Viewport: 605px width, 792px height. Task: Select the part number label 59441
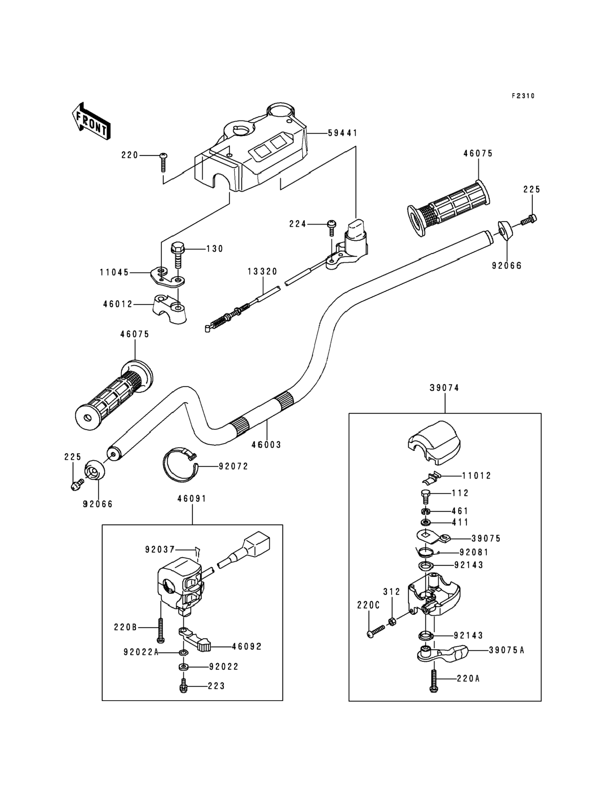coord(342,133)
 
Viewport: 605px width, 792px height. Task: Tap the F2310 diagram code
coord(523,96)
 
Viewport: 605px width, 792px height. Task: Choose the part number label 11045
coord(114,273)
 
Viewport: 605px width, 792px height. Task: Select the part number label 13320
coord(263,272)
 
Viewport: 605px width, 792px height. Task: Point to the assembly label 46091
coord(192,499)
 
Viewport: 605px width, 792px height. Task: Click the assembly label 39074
coord(444,388)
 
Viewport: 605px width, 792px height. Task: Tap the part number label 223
coord(216,686)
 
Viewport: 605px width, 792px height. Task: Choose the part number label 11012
coord(477,475)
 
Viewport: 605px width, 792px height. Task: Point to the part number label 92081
coord(474,552)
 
